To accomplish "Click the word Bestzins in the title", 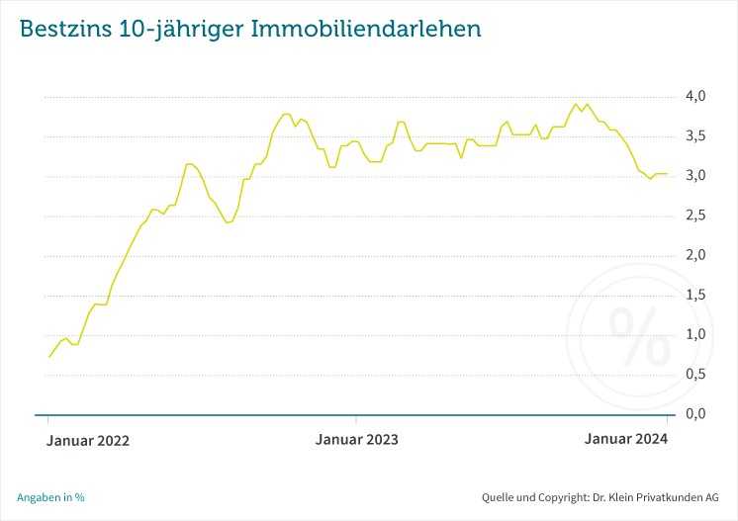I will (x=61, y=29).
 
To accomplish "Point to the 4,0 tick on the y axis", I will (x=695, y=97).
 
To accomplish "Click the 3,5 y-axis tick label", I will (x=695, y=136).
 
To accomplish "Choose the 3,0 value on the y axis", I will (x=695, y=176).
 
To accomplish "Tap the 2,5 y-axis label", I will (x=695, y=216).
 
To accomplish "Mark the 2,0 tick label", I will (x=695, y=255).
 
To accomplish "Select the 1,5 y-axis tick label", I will (x=695, y=295).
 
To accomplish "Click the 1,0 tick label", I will (x=695, y=334).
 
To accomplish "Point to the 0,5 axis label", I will (x=695, y=374).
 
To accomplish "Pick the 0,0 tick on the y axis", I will (x=695, y=413).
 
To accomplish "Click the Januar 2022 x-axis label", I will (x=88, y=440).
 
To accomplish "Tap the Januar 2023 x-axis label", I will (x=357, y=440).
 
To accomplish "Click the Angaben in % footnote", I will (x=50, y=497).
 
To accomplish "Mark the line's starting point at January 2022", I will (x=49, y=357).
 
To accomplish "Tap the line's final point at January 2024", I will (x=667, y=174).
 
